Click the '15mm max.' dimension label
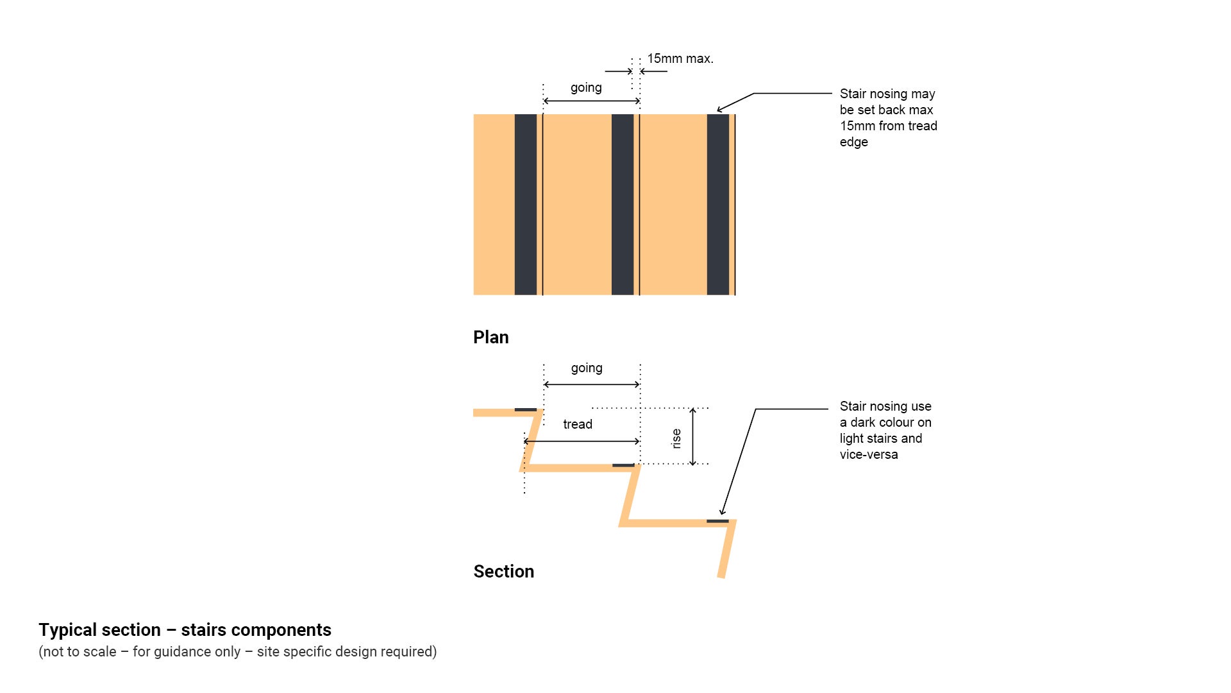(x=680, y=59)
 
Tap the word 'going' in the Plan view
(x=586, y=88)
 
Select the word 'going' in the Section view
(x=587, y=368)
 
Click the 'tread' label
(x=578, y=425)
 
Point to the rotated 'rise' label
(x=676, y=439)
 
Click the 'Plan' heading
(x=490, y=338)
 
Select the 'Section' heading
(x=503, y=572)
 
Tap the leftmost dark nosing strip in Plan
(x=526, y=205)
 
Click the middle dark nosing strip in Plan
(x=623, y=205)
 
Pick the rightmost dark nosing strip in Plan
(x=718, y=205)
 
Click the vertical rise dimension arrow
(x=692, y=436)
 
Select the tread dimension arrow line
(x=582, y=441)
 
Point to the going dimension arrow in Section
(x=592, y=384)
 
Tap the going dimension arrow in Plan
(x=591, y=101)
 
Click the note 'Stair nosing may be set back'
(x=888, y=118)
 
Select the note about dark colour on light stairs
(x=885, y=431)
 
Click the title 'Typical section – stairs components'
(x=185, y=630)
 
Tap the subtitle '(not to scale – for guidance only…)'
(x=237, y=652)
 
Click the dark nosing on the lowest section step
(x=717, y=521)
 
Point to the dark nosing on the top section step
(x=526, y=409)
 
